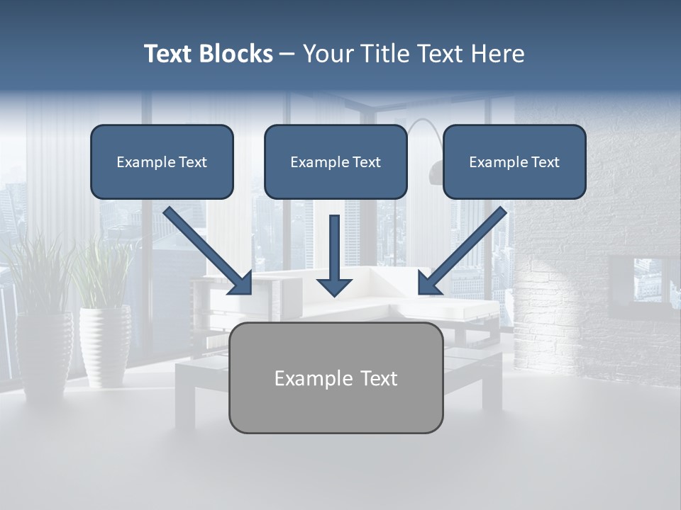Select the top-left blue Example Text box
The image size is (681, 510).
[x=162, y=162]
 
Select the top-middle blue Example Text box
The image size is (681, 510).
[x=336, y=162]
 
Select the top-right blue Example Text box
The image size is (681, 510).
[x=514, y=162]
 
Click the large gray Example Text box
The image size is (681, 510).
[x=336, y=378]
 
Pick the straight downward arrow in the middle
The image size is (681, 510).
[x=334, y=255]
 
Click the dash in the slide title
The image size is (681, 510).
[x=287, y=55]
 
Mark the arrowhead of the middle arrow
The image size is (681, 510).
[x=334, y=286]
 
